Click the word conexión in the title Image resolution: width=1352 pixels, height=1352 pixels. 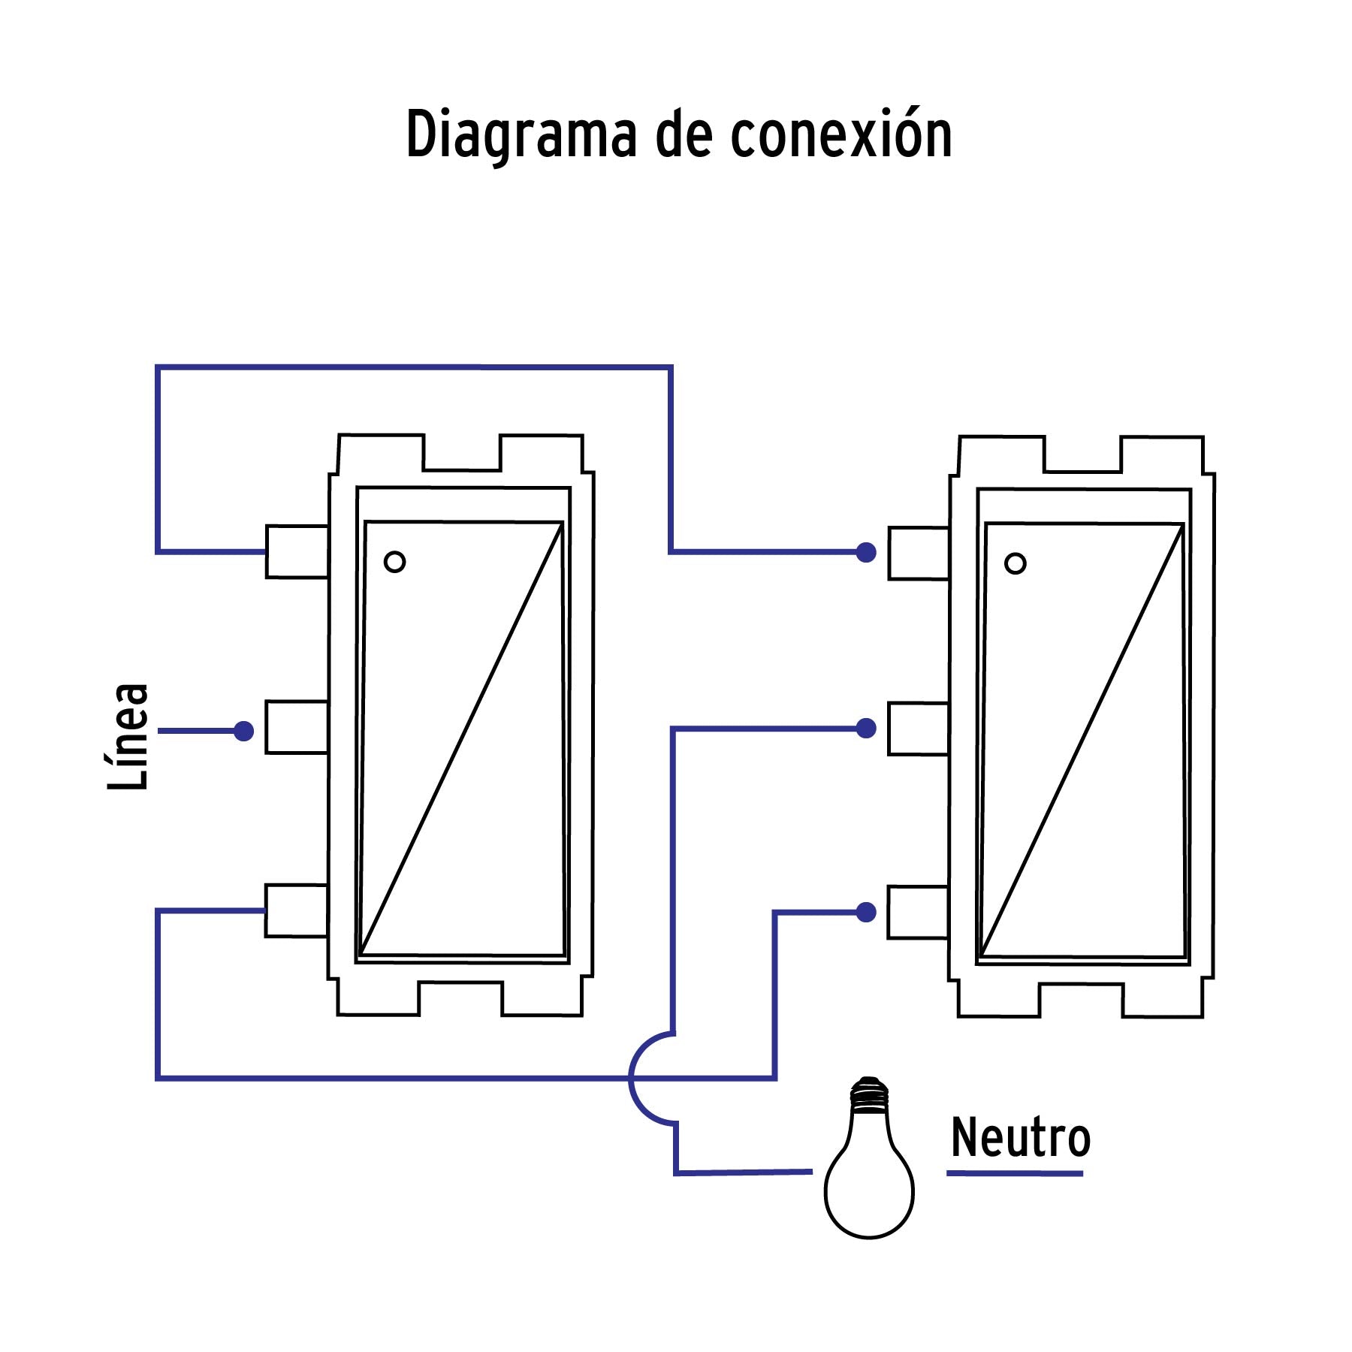pyautogui.click(x=841, y=135)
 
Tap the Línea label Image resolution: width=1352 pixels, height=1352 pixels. pyautogui.click(x=128, y=736)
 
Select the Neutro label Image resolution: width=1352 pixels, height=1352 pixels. pyautogui.click(x=1020, y=1139)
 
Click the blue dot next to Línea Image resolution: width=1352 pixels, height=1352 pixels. pyautogui.click(x=243, y=731)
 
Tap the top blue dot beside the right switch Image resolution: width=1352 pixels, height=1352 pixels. pyautogui.click(x=866, y=553)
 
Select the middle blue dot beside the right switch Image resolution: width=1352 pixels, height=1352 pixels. pyautogui.click(x=866, y=728)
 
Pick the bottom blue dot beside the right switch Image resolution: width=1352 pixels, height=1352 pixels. pyautogui.click(x=866, y=913)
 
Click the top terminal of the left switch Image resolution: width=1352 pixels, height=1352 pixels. pyautogui.click(x=297, y=552)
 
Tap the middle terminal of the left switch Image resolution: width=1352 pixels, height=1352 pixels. pyautogui.click(x=297, y=727)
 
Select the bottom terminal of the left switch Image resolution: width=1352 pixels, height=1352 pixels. pyautogui.click(x=297, y=911)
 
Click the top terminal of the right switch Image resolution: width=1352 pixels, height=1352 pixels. pyautogui.click(x=918, y=554)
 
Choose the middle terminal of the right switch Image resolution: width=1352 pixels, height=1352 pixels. pyautogui.click(x=918, y=729)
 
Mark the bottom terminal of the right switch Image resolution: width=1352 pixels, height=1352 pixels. pyautogui.click(x=918, y=913)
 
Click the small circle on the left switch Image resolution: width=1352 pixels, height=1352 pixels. pyautogui.click(x=394, y=562)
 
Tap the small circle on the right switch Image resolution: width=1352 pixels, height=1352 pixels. pyautogui.click(x=1015, y=563)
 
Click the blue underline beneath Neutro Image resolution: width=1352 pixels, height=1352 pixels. pyautogui.click(x=1014, y=1172)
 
